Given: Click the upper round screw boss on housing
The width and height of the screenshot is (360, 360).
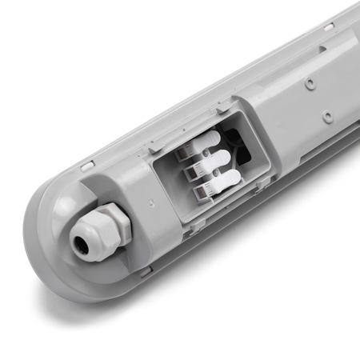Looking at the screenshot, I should (x=308, y=83).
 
